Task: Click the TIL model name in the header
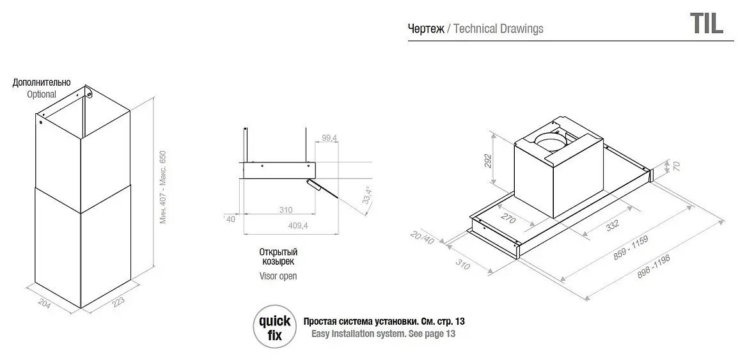point(707,23)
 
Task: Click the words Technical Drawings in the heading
point(498,29)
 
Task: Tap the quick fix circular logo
point(275,327)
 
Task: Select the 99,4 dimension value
point(329,138)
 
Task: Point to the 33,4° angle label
point(368,196)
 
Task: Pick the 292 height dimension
point(487,160)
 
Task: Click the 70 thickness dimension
point(676,166)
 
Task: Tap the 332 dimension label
point(612,225)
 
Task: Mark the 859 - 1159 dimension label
point(631,248)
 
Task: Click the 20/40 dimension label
point(421,237)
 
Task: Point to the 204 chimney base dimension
point(44,304)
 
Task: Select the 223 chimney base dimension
point(118,303)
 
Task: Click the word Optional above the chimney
point(42,94)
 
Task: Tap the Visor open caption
point(278,276)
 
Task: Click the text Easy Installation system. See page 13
point(383,334)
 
